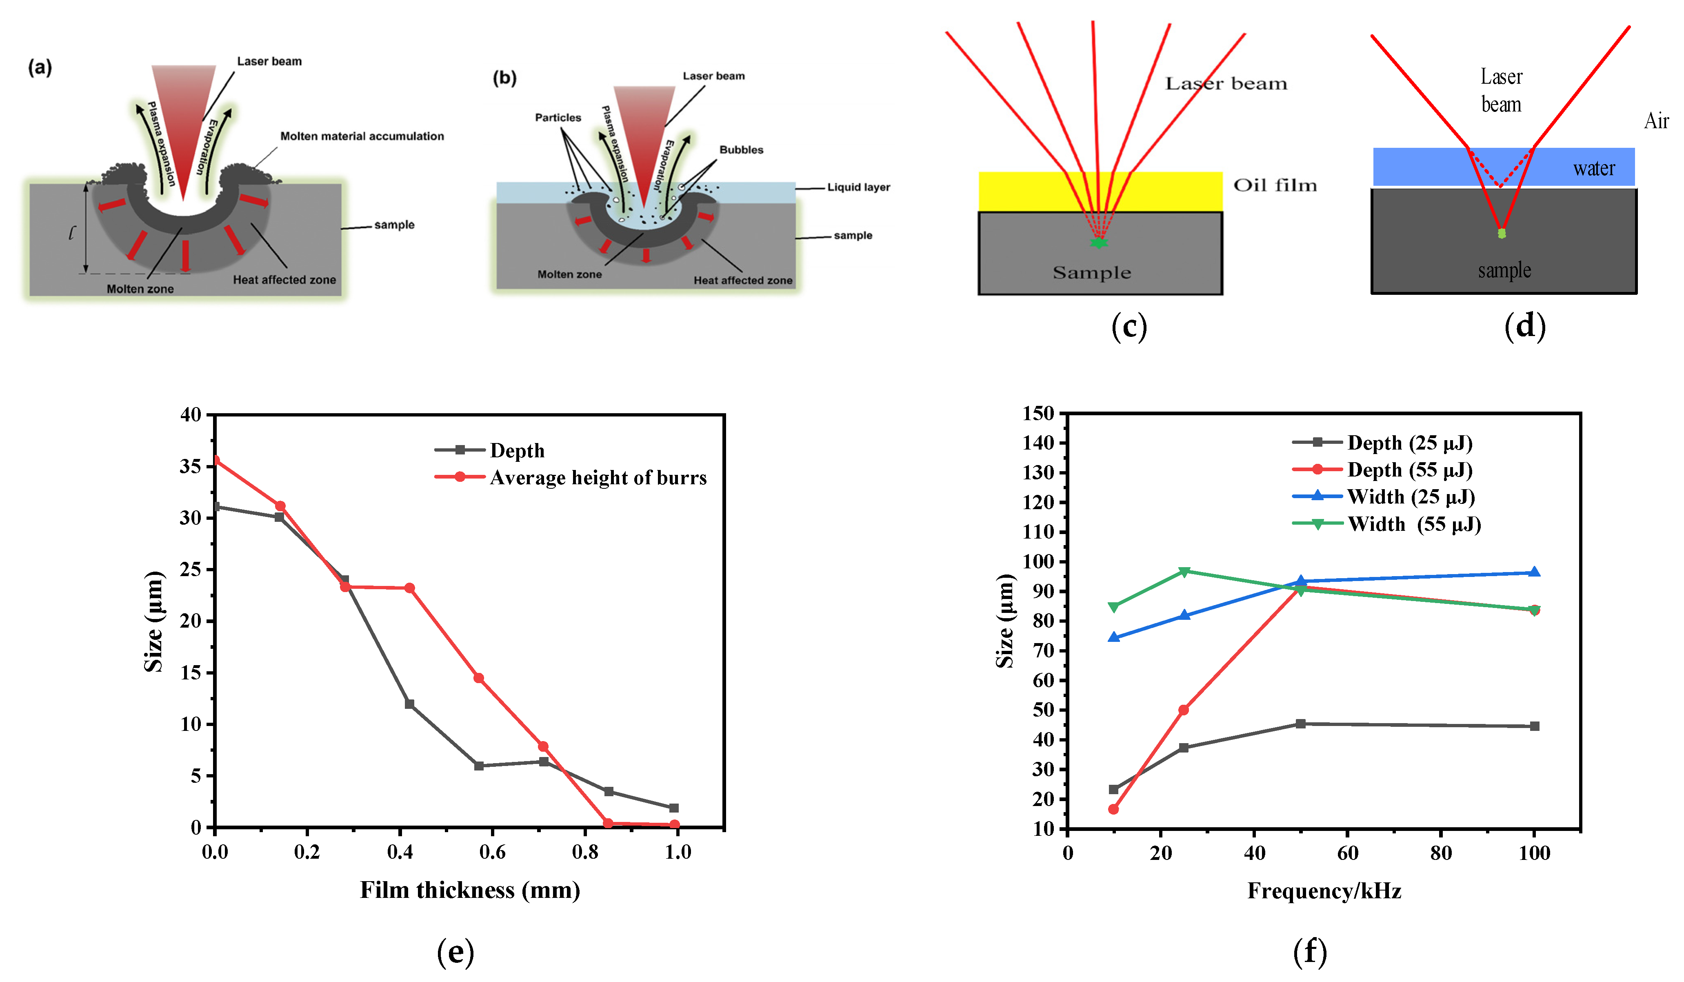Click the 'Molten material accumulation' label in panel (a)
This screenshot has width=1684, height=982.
pyautogui.click(x=362, y=136)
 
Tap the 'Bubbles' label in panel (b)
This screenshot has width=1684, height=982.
pyautogui.click(x=741, y=150)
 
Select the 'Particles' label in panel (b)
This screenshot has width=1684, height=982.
pyautogui.click(x=558, y=118)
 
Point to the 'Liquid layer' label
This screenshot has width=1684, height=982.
pyautogui.click(x=859, y=187)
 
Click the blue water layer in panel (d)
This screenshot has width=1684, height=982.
pyautogui.click(x=1417, y=167)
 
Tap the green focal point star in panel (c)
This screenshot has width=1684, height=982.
pyautogui.click(x=1098, y=243)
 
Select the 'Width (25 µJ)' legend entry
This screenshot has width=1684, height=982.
pyautogui.click(x=1410, y=497)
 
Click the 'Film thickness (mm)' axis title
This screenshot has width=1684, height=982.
pyautogui.click(x=470, y=891)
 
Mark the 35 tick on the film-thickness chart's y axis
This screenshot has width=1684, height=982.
pyautogui.click(x=191, y=467)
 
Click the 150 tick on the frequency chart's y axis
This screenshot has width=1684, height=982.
pyautogui.click(x=1038, y=414)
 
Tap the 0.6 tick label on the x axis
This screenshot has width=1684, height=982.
pyautogui.click(x=493, y=852)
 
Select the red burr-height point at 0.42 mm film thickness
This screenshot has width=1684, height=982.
pyautogui.click(x=410, y=588)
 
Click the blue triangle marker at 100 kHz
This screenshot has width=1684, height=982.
pyautogui.click(x=1534, y=572)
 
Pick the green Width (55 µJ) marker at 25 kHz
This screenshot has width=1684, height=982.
pyautogui.click(x=1184, y=572)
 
